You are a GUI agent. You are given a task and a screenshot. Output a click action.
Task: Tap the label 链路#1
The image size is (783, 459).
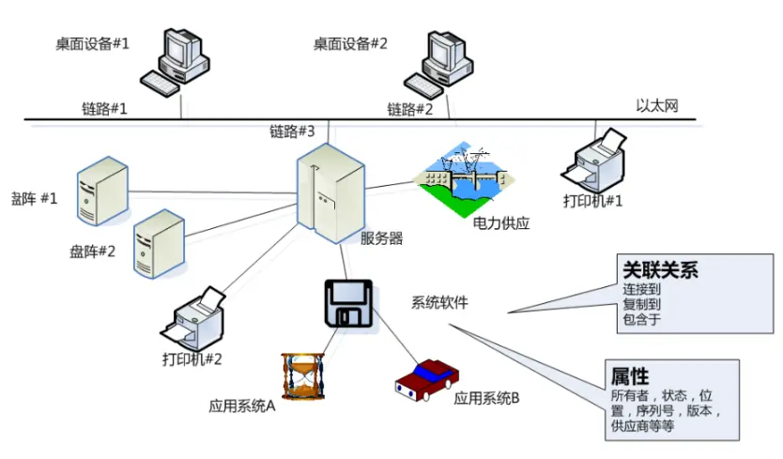104,109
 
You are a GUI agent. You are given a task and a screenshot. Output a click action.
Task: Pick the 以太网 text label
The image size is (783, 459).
656,105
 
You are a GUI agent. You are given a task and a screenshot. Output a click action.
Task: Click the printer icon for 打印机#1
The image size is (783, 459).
592,159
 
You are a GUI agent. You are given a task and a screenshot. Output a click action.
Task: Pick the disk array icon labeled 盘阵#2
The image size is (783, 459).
158,240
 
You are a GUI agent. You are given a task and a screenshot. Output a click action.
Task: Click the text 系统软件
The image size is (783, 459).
439,302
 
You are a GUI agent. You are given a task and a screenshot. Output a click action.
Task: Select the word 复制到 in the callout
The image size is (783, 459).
641,304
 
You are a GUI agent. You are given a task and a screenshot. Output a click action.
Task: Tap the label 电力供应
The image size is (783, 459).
501,223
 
